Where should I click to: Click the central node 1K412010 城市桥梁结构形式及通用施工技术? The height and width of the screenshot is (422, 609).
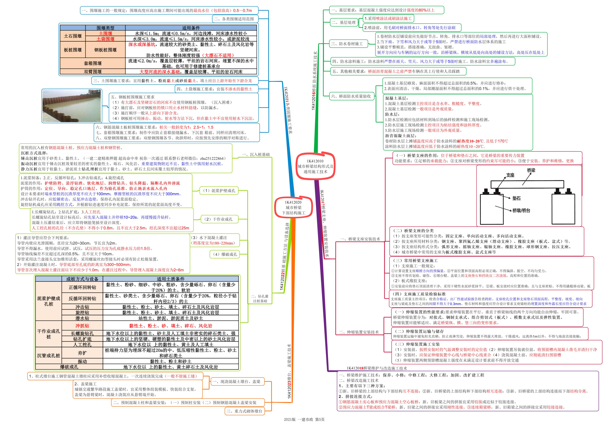[x=315, y=166]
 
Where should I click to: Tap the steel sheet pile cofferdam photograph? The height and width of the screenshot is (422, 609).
[x=71, y=106]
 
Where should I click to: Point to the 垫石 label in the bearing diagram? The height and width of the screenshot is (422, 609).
[x=516, y=198]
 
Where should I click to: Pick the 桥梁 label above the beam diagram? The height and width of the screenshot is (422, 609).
[x=531, y=170]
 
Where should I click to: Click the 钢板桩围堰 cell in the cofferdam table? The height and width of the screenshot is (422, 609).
[x=105, y=50]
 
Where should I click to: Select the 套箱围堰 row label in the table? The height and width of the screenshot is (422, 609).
[x=93, y=63]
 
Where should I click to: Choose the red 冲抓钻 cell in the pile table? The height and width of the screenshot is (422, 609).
[x=82, y=326]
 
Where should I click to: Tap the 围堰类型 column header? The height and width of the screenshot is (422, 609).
[x=105, y=28]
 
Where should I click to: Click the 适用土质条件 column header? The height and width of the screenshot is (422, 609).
[x=171, y=279]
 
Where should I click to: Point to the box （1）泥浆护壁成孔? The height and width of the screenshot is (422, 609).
[x=219, y=190]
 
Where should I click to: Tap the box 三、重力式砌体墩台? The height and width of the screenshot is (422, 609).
[x=245, y=411]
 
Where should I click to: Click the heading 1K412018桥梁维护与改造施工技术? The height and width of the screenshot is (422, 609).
[x=377, y=368]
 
